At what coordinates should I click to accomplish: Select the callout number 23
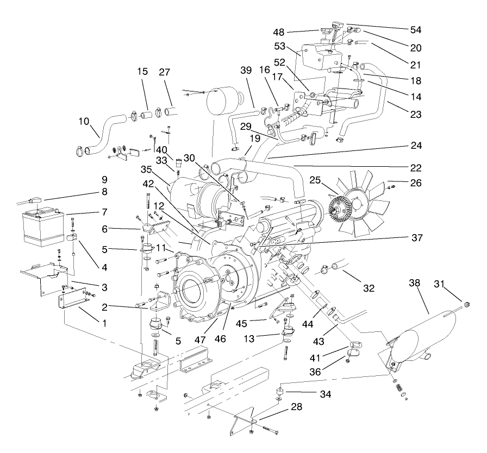click(416, 115)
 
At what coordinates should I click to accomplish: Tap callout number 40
click(161, 149)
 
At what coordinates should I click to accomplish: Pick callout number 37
click(416, 237)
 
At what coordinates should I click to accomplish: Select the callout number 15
click(143, 72)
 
